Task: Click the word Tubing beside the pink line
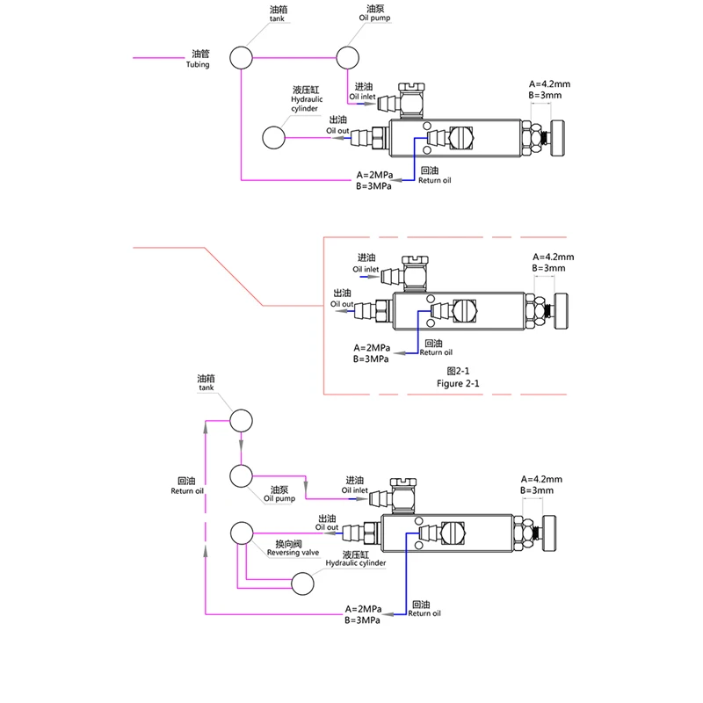(x=198, y=64)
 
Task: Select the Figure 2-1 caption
(x=458, y=383)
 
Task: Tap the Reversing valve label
(x=293, y=553)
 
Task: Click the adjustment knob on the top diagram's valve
(x=558, y=138)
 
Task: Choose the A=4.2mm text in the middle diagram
(x=554, y=257)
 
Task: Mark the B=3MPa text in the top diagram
(x=373, y=186)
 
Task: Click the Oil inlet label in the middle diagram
(x=366, y=270)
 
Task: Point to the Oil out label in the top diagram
(x=337, y=131)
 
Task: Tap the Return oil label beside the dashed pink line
(x=187, y=491)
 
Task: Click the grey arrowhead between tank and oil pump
(x=241, y=446)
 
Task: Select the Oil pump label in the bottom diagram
(x=279, y=498)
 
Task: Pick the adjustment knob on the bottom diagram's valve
(x=550, y=533)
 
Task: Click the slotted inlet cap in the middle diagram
(x=415, y=260)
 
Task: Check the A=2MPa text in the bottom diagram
(x=363, y=609)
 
